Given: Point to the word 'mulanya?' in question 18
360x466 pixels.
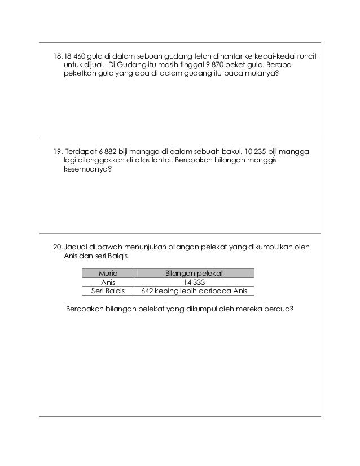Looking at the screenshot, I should [x=261, y=78].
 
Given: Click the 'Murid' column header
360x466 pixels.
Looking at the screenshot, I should [x=108, y=274].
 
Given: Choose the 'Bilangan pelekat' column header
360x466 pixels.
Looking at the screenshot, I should [x=194, y=274].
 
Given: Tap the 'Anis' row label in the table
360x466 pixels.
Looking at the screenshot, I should [x=108, y=283].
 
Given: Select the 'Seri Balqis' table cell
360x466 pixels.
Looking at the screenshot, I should [x=108, y=292].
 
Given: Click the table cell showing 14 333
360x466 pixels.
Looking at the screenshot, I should [x=194, y=283].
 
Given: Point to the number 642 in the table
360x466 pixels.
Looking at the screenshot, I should [x=148, y=292].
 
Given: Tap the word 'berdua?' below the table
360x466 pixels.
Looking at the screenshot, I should [x=280, y=309].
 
